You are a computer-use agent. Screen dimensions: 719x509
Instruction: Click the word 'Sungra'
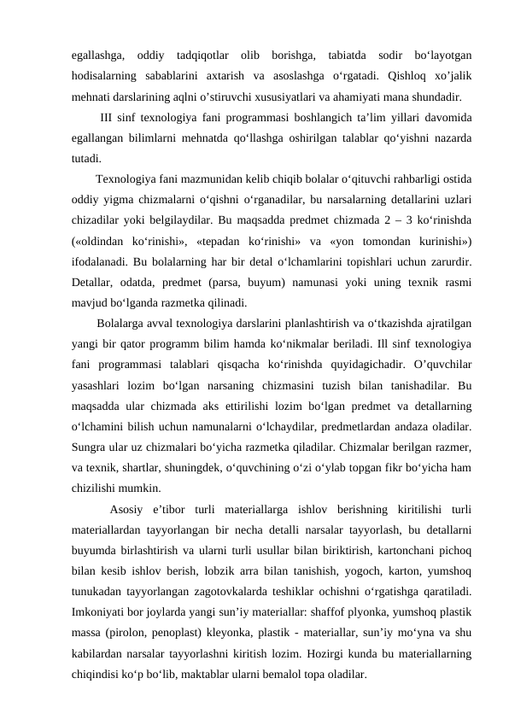click(90, 447)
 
